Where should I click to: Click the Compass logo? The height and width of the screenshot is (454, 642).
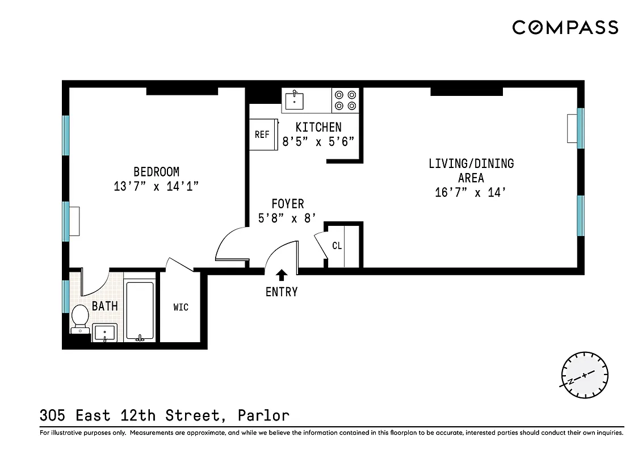565,27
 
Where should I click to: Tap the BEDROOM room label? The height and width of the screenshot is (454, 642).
156,171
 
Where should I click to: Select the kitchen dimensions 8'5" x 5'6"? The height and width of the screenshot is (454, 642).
319,142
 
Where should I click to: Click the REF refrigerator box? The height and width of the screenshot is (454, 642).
262,135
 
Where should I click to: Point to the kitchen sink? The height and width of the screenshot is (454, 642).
294,100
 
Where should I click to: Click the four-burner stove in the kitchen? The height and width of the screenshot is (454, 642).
345,100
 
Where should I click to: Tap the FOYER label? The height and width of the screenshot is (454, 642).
287,204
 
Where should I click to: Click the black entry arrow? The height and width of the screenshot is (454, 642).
282,275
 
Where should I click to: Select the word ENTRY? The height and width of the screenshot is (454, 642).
282,292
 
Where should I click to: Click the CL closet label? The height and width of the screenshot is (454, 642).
337,246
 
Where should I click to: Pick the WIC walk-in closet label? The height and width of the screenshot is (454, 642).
181,308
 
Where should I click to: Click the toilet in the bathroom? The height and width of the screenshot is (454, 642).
79,318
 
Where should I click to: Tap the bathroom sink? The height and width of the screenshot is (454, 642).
104,333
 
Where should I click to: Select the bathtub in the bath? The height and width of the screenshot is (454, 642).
139,311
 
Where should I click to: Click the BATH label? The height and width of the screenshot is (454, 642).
105,306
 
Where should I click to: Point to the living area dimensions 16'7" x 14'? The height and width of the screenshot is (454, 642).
471,193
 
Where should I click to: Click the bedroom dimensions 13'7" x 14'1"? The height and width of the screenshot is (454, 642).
156,186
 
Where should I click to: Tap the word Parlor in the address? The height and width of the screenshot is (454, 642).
265,415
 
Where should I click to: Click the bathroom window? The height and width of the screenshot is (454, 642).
66,296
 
